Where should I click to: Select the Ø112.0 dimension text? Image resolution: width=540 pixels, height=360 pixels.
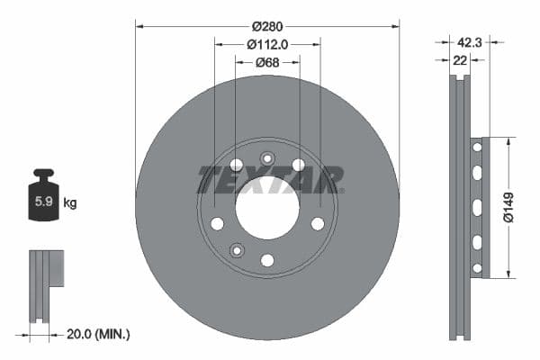pos(267,42)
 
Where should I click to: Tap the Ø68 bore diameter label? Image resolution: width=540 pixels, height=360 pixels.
pos(266,62)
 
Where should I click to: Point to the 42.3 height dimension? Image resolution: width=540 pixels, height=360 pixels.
pos(470,40)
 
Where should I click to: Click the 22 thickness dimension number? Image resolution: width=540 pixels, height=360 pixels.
pos(461,60)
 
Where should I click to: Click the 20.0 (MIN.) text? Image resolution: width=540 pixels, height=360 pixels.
pos(98,334)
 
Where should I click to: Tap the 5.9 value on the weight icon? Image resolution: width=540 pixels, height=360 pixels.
pos(42,202)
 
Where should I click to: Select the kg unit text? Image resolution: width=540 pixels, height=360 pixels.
pos(69,203)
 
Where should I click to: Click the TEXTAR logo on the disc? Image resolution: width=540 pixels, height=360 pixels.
pos(270,180)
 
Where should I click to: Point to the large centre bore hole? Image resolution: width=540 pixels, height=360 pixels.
pos(267,210)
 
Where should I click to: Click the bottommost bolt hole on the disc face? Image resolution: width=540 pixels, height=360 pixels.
pos(267,260)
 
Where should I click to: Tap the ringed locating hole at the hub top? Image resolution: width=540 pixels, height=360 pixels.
pos(266,159)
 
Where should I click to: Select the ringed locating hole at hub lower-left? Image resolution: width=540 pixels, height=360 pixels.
pos(236,250)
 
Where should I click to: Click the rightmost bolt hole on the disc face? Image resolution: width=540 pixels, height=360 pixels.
pos(317,223)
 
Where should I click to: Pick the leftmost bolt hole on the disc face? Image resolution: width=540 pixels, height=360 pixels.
pos(217,223)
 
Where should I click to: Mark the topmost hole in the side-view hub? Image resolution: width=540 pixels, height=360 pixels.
pos(477,146)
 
